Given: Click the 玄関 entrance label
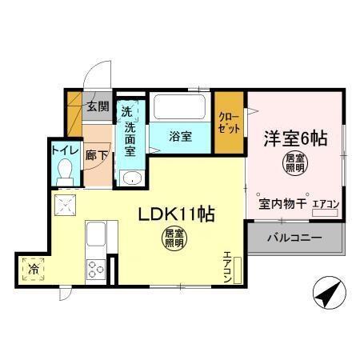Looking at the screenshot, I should tap(98, 106).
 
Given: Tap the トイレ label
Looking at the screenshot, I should tap(63, 149).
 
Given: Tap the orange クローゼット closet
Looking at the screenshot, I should tap(229, 124).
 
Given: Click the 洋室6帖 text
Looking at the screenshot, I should tap(296, 137).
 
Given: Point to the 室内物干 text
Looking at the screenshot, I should tap(282, 205).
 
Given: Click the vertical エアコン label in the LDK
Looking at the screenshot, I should tap(227, 266).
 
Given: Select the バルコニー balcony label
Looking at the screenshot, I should tap(294, 238).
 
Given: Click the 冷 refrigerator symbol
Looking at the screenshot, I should tap(34, 267).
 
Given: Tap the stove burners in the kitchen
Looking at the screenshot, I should tap(96, 268).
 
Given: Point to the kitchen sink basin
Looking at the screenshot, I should tap(96, 236).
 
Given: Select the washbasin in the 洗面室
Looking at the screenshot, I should tap(130, 177).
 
